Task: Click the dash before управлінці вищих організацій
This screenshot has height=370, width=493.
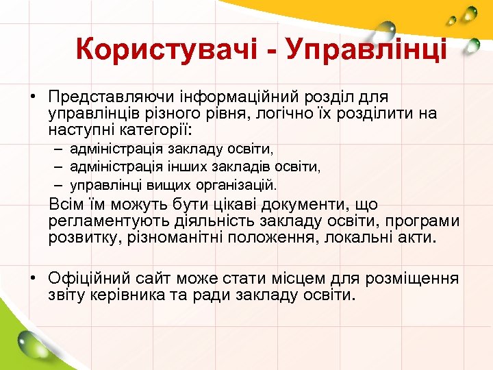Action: coord(60,184)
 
